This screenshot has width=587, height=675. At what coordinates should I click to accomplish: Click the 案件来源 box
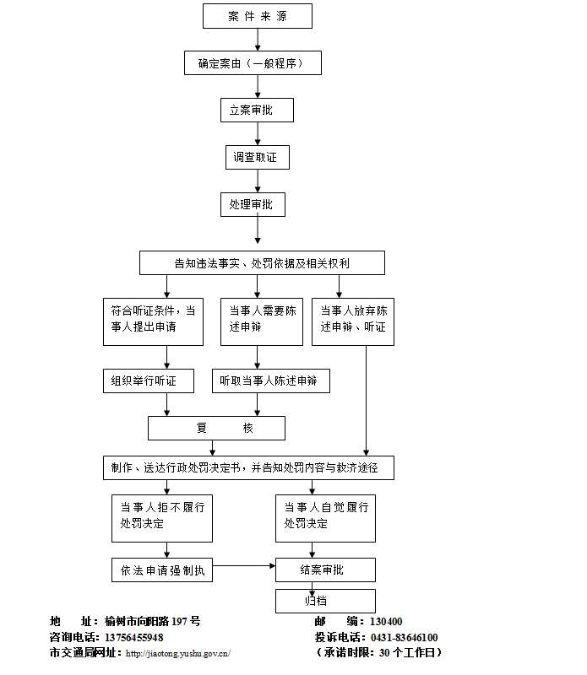(x=257, y=16)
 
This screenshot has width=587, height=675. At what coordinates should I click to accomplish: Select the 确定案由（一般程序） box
(x=253, y=62)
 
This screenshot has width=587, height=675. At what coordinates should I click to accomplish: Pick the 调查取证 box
(x=256, y=157)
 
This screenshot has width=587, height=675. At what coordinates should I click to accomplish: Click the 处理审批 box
(x=251, y=204)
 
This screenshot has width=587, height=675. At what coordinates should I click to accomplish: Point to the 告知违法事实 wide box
(x=262, y=262)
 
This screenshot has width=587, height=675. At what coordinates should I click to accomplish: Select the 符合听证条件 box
(x=153, y=321)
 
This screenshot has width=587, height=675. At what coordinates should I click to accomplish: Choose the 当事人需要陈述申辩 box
(x=262, y=321)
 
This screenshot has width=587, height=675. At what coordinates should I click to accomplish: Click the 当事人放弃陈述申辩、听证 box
(x=353, y=321)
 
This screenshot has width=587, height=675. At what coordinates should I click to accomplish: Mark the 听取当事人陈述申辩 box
(x=270, y=381)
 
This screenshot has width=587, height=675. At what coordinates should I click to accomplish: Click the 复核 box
(x=216, y=428)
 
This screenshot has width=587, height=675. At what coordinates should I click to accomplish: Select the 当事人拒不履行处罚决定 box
(x=162, y=517)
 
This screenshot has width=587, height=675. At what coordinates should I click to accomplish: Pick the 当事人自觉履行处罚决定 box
(x=325, y=517)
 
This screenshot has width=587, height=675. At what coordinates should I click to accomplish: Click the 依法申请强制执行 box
(x=162, y=570)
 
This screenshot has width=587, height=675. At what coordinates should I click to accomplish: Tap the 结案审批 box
(x=325, y=570)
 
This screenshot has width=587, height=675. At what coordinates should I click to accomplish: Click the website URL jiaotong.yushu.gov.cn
(x=177, y=653)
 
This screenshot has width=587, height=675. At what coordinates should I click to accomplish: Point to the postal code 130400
(x=386, y=622)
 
